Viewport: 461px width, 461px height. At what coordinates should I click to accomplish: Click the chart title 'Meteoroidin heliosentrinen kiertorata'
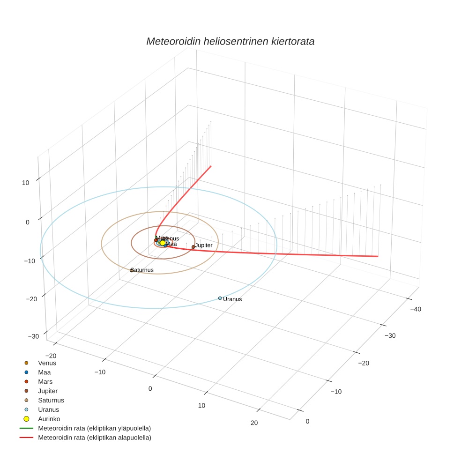pyautogui.click(x=230, y=41)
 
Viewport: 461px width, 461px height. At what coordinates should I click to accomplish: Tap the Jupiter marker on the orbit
pyautogui.click(x=193, y=247)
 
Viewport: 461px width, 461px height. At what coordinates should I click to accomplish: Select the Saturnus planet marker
pyautogui.click(x=132, y=270)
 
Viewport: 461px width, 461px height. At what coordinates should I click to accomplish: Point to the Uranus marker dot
pyautogui.click(x=220, y=298)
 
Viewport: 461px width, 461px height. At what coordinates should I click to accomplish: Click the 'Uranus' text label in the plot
pyautogui.click(x=232, y=299)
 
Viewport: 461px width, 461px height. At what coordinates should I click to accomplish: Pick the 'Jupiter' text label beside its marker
pyautogui.click(x=204, y=245)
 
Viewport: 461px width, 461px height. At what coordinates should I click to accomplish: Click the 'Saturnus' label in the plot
pyautogui.click(x=142, y=270)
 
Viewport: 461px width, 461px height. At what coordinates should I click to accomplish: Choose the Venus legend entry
pyautogui.click(x=47, y=363)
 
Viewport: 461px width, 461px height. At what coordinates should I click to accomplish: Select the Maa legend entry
pyautogui.click(x=45, y=372)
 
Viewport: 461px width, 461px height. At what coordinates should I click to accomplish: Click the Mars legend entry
pyautogui.click(x=45, y=381)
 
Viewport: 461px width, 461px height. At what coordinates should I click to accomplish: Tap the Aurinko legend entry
pyautogui.click(x=49, y=419)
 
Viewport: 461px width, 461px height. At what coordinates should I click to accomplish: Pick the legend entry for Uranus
pyautogui.click(x=48, y=409)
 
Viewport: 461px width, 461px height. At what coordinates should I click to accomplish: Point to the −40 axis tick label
pyautogui.click(x=415, y=309)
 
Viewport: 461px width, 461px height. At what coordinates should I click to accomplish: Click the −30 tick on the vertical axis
pyautogui.click(x=34, y=336)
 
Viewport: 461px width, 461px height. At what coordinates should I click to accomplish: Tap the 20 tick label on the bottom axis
pyautogui.click(x=254, y=423)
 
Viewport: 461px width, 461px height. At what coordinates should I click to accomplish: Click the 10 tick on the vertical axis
pyautogui.click(x=26, y=183)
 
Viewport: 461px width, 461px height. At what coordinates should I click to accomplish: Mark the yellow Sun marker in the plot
pyautogui.click(x=163, y=243)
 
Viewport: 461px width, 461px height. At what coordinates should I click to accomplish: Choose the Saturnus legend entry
pyautogui.click(x=51, y=400)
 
